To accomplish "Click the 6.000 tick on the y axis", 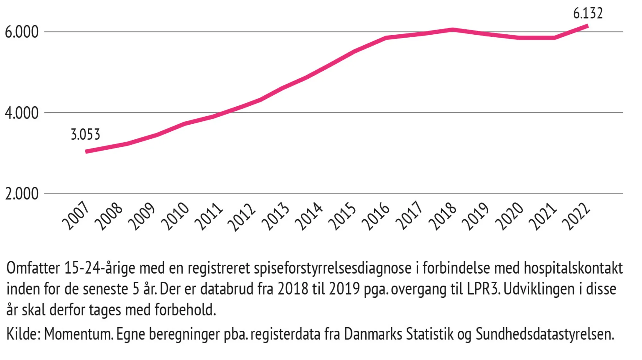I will [22, 32].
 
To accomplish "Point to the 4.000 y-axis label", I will [22, 113].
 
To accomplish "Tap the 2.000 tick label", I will [22, 194].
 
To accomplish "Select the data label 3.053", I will [85, 135].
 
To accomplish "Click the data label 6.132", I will [588, 13].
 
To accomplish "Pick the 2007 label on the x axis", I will [76, 215].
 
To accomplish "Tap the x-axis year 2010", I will [175, 216].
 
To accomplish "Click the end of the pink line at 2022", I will [587, 26].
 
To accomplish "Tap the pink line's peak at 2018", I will [452, 30].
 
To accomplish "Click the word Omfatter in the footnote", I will [33, 268].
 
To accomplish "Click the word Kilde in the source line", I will [23, 334].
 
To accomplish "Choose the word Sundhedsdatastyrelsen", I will [544, 334].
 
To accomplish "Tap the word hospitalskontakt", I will [573, 268].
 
